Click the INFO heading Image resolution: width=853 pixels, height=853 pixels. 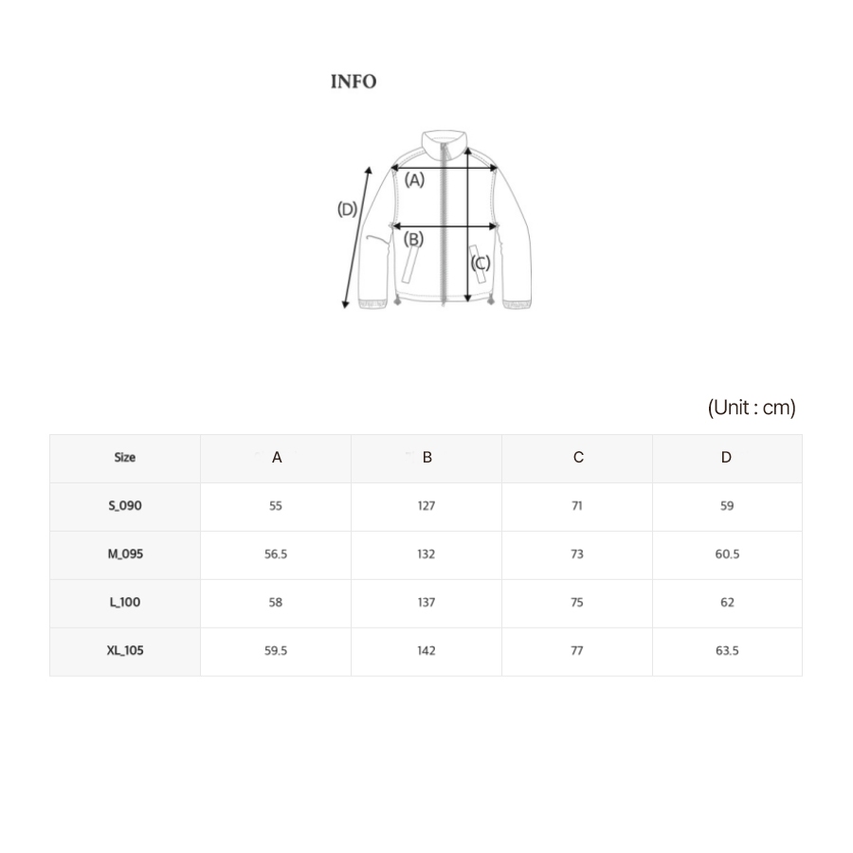coord(354,82)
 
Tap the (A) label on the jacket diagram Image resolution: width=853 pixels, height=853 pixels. coord(414,179)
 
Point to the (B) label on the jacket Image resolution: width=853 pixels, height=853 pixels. coord(413,239)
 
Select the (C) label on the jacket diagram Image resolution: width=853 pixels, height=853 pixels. coord(481,263)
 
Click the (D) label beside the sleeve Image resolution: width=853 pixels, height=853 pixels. coord(347,209)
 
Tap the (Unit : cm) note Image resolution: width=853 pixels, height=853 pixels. coord(752,408)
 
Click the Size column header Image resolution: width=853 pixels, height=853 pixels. coord(124,458)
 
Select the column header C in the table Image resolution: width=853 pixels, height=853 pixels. coord(578,458)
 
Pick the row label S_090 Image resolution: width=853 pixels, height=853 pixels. coord(125,506)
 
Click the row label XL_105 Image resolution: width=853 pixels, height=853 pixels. coord(125,650)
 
